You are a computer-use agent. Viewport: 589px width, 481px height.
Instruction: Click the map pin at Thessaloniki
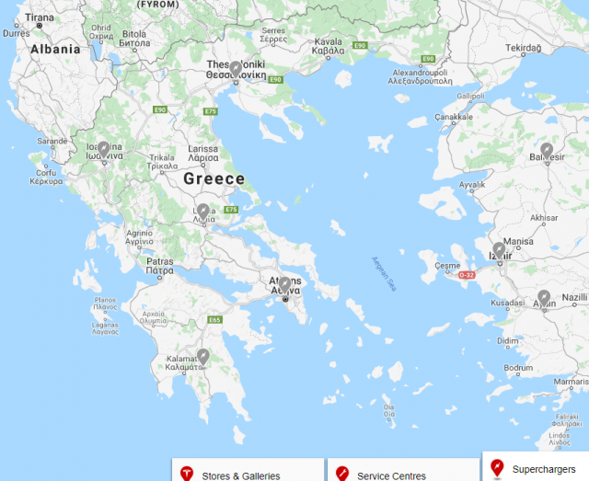(x=236, y=69)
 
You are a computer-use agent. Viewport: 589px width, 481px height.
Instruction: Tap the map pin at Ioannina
(x=104, y=148)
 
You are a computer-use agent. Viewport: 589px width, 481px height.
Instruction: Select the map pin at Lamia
(x=203, y=212)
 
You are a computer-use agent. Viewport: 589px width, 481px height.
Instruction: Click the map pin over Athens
(x=285, y=284)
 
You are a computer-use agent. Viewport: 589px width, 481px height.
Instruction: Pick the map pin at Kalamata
(x=203, y=356)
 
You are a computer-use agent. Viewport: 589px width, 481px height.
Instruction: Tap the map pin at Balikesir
(x=547, y=150)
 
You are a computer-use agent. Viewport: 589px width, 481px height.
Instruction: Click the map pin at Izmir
(x=500, y=249)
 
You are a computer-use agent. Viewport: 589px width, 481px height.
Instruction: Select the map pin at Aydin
(x=544, y=298)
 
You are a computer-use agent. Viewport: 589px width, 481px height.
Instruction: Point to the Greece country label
(x=214, y=179)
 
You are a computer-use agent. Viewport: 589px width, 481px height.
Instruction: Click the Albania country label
(x=55, y=51)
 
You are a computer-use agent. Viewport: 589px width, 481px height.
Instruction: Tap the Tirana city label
(x=40, y=17)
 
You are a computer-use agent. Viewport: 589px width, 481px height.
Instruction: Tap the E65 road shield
(x=215, y=320)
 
